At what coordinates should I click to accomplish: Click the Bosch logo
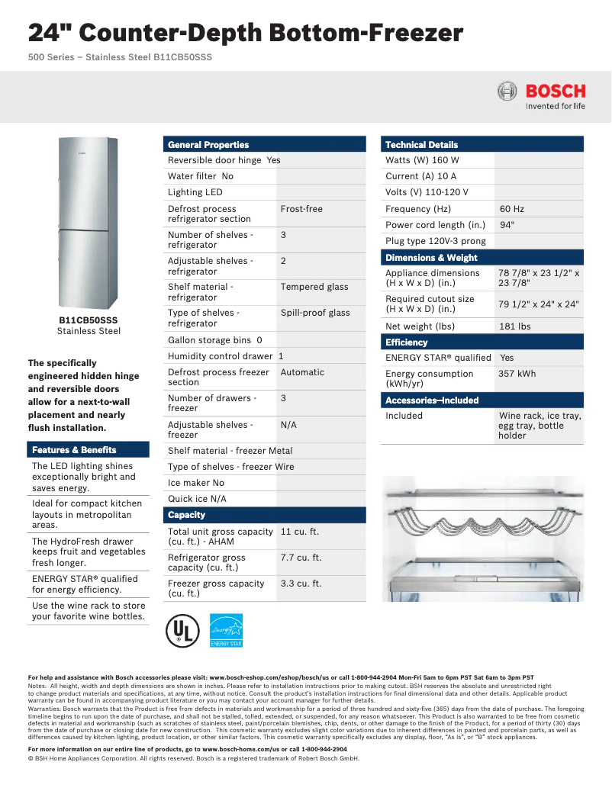tap(541, 96)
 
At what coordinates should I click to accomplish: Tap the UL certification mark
tap(182, 632)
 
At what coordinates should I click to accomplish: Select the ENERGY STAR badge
tap(227, 632)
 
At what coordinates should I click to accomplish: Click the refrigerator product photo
tap(89, 222)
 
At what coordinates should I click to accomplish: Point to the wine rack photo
tap(482, 539)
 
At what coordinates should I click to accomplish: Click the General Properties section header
tap(208, 145)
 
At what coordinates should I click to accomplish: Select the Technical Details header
tap(421, 145)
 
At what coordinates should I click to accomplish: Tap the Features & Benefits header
tap(74, 450)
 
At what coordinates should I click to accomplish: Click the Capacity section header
tap(187, 515)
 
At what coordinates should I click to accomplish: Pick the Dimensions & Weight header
tap(431, 258)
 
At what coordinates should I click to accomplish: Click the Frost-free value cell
tap(301, 209)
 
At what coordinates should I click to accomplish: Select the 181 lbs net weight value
tap(514, 326)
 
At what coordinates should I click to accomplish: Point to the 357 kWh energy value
tap(517, 374)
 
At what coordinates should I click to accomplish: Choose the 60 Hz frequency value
tap(511, 209)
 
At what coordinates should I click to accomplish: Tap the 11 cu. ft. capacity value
tap(299, 532)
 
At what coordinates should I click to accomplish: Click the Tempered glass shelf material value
tap(314, 287)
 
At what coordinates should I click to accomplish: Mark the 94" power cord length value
tap(507, 225)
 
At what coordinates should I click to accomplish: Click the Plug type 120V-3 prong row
tap(435, 241)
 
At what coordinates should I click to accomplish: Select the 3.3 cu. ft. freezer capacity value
tap(301, 584)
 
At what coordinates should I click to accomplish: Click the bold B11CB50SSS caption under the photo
tap(89, 320)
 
